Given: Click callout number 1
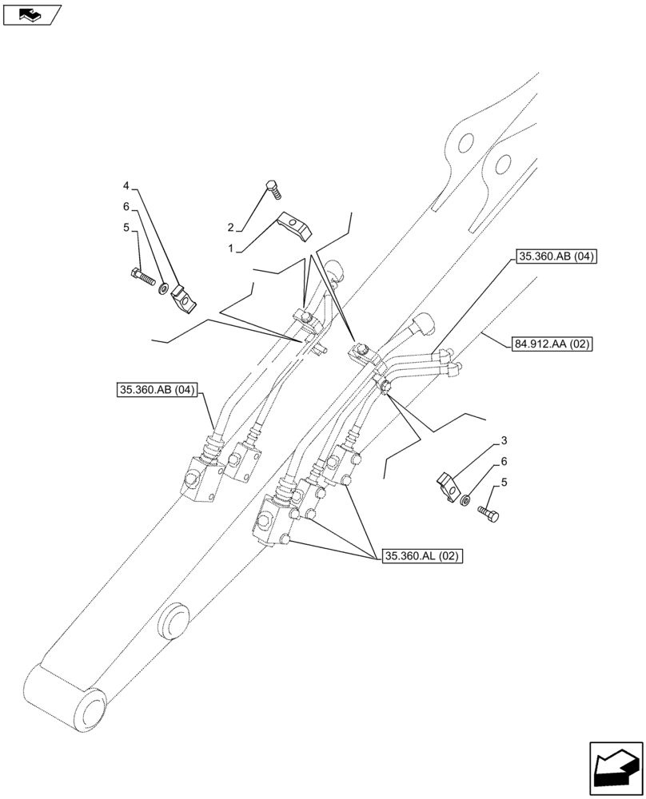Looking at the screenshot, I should click(230, 249).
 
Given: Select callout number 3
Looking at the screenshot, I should click(504, 440).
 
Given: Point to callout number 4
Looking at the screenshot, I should click(126, 186).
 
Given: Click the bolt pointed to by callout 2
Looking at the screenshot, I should click(273, 190).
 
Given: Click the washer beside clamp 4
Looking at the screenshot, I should click(164, 287).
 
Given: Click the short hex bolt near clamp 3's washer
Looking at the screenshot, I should click(488, 514).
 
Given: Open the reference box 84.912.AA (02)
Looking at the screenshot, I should click(548, 344).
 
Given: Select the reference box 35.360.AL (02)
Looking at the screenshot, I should click(421, 557).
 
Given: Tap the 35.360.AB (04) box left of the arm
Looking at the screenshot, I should click(157, 391).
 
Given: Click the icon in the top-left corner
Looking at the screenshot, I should click(31, 14).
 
